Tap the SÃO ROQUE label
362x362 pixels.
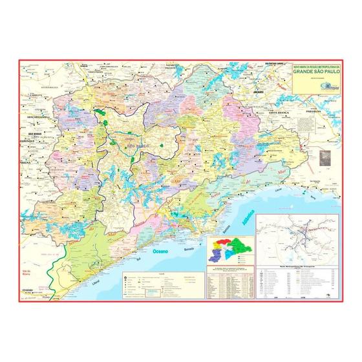point(32,133)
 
